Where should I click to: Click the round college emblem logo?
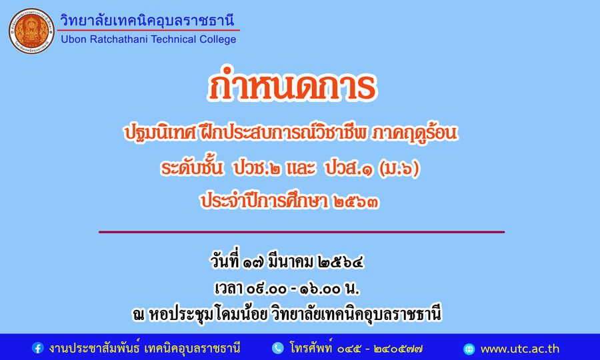click(x=31, y=31)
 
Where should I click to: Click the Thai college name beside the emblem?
click(x=147, y=19)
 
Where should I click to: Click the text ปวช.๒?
click(x=257, y=168)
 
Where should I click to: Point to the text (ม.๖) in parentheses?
click(x=399, y=168)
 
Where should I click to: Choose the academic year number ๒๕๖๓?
click(x=356, y=201)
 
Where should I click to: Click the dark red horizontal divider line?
click(x=301, y=232)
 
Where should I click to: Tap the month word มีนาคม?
click(x=291, y=262)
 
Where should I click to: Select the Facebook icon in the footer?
click(x=37, y=348)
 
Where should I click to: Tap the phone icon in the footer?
click(x=277, y=348)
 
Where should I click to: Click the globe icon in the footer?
click(x=469, y=349)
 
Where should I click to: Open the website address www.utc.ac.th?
click(x=519, y=349)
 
